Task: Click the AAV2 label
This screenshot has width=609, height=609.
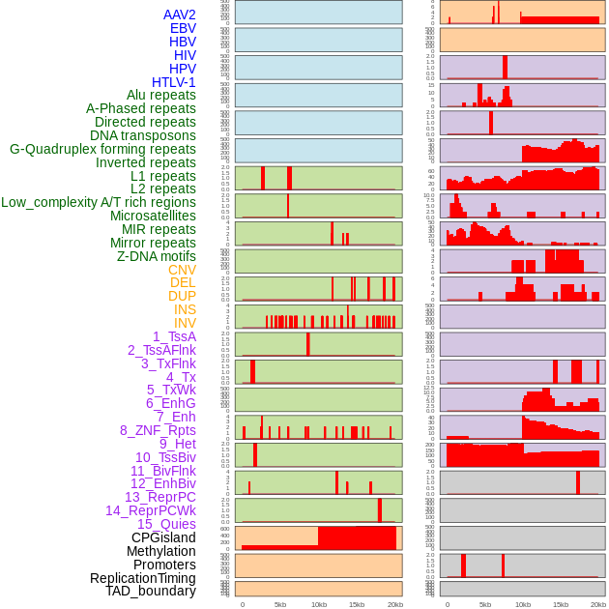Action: click(x=180, y=15)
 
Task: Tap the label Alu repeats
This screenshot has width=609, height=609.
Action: click(x=161, y=96)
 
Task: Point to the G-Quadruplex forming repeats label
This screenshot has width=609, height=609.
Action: click(x=102, y=149)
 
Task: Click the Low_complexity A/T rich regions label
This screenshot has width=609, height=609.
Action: click(x=99, y=202)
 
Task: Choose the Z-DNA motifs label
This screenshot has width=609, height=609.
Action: click(x=157, y=256)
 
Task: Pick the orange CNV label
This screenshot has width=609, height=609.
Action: click(x=182, y=270)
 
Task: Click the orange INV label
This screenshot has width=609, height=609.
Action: click(x=185, y=323)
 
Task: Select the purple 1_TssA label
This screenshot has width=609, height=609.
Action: click(x=174, y=336)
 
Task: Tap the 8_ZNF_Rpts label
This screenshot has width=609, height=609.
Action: click(x=158, y=430)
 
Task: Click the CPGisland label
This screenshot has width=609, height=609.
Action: click(x=163, y=537)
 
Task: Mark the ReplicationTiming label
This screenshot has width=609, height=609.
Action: click(x=143, y=578)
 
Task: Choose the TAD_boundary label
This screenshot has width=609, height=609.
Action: click(x=151, y=591)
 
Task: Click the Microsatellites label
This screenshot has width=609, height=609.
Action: click(x=153, y=216)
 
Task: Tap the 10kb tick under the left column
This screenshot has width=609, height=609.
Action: click(x=318, y=605)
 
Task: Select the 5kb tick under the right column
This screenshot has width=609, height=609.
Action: click(x=485, y=605)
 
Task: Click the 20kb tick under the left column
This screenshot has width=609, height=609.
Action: click(x=394, y=605)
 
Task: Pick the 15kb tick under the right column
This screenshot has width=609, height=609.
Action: click(x=561, y=605)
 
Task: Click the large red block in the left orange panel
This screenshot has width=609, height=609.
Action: click(x=356, y=538)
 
